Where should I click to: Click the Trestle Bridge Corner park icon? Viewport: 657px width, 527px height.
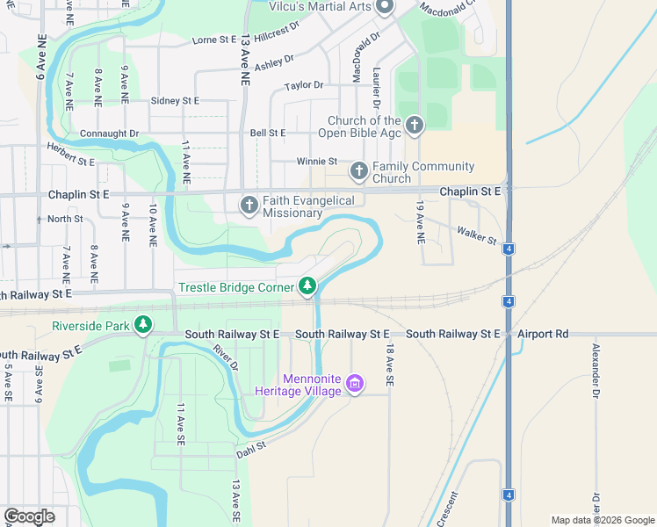[x=307, y=285]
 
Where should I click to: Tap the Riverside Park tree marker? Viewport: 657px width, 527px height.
[x=143, y=326]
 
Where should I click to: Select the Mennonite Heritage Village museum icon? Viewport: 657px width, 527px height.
[x=354, y=384]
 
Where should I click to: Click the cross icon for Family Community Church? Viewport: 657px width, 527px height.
[x=358, y=170]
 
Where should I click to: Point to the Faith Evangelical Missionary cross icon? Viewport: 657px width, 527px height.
[x=249, y=206]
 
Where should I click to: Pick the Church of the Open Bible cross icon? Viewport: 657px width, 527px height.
[x=415, y=126]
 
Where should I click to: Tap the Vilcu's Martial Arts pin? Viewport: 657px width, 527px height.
[x=385, y=8]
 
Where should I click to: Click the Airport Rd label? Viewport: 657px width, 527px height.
[x=543, y=334]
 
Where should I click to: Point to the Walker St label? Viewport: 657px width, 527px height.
[x=477, y=234]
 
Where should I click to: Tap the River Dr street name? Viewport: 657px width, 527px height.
[x=226, y=357]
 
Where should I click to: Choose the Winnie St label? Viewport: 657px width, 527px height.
[x=316, y=162]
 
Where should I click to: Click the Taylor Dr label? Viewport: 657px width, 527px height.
[x=304, y=86]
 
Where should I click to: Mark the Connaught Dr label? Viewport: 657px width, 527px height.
[x=110, y=134]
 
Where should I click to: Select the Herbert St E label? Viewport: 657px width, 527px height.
[x=70, y=155]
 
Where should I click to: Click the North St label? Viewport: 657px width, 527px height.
[x=65, y=219]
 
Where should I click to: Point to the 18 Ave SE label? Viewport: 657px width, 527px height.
[x=388, y=366]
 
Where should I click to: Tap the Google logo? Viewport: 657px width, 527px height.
[x=30, y=516]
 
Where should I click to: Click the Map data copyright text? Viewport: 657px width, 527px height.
[x=602, y=520]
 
